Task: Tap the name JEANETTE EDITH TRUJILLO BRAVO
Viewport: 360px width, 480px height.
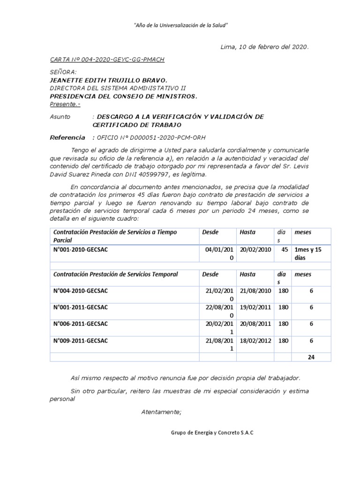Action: pos(108,80)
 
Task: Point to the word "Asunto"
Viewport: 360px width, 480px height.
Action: pos(60,117)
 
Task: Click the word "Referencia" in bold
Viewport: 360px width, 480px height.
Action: pos(67,137)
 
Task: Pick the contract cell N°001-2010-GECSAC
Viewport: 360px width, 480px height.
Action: pos(81,249)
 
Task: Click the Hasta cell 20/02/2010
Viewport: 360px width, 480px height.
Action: pos(255,250)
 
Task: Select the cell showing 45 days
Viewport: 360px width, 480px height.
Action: pos(284,250)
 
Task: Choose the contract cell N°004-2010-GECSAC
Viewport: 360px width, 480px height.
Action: pos(81,291)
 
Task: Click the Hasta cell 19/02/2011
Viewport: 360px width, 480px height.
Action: pos(255,307)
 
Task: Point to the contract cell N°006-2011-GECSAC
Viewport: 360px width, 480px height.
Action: pos(81,324)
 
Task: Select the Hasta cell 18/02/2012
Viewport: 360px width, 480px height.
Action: pos(255,341)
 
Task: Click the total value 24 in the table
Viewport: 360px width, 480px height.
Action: pos(311,357)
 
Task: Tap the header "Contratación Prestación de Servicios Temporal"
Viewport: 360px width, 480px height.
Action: pos(116,274)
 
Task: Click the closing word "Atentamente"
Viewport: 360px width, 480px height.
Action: pos(161,412)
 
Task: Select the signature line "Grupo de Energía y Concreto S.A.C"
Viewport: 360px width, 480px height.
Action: pos(211,433)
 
